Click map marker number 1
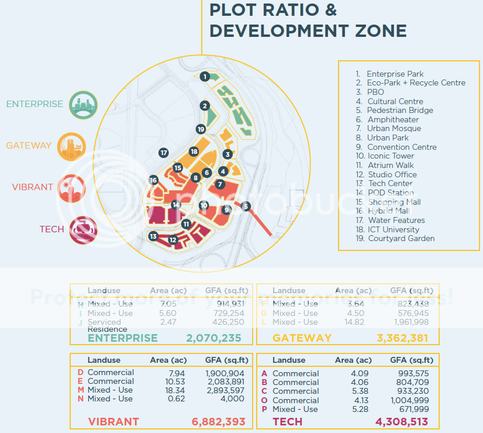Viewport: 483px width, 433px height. click(204, 76)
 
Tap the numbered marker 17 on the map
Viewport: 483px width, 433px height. click(164, 153)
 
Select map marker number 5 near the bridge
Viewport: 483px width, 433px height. click(246, 206)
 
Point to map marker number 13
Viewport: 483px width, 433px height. click(153, 236)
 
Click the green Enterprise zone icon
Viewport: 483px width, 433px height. click(82, 104)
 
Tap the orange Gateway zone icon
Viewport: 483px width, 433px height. click(71, 146)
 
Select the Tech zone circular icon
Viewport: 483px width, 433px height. click(83, 229)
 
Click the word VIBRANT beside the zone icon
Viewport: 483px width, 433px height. click(32, 187)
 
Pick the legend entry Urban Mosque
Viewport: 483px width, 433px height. click(394, 129)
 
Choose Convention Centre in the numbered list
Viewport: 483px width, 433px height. click(402, 147)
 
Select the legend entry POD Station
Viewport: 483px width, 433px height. click(391, 193)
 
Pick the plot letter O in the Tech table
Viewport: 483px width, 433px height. click(264, 400)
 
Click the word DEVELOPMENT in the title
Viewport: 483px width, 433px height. click(308, 30)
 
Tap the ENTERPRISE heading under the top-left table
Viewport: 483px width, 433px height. click(122, 338)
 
